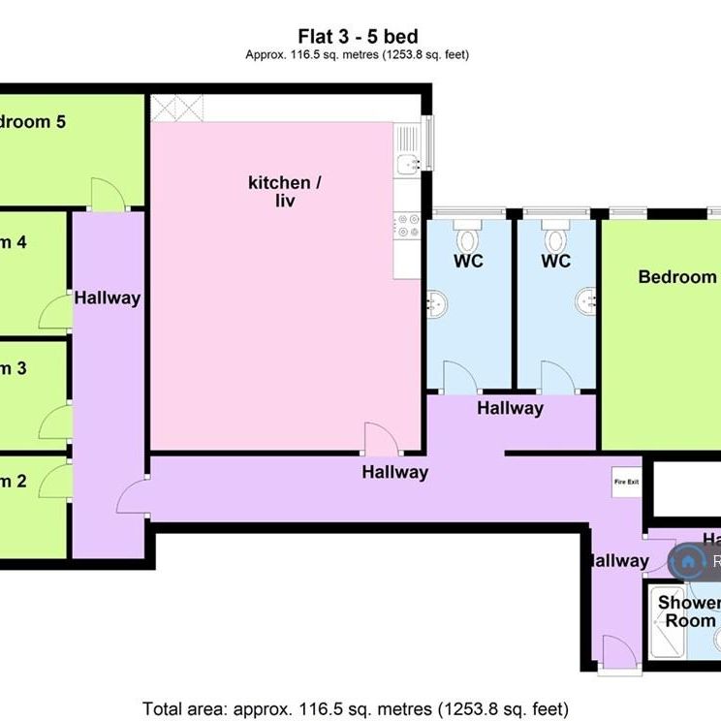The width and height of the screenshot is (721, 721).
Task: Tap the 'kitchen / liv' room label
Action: pos(280,192)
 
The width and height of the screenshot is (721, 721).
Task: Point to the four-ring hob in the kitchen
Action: pos(406,228)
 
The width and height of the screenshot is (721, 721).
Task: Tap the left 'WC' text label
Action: pos(468,262)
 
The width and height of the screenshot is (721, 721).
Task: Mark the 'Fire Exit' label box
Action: pos(625,481)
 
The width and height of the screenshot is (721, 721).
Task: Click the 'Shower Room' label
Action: pos(689,611)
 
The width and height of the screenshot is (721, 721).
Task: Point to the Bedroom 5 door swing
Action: pos(107,194)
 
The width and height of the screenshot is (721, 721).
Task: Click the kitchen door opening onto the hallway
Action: pos(378,439)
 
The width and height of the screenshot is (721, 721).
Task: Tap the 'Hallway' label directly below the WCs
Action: pos(510,408)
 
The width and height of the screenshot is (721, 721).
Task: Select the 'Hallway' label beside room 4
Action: pos(108,298)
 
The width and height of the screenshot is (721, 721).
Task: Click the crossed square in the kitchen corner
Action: pos(175,108)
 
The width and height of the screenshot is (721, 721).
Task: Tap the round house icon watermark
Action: pos(688,560)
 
